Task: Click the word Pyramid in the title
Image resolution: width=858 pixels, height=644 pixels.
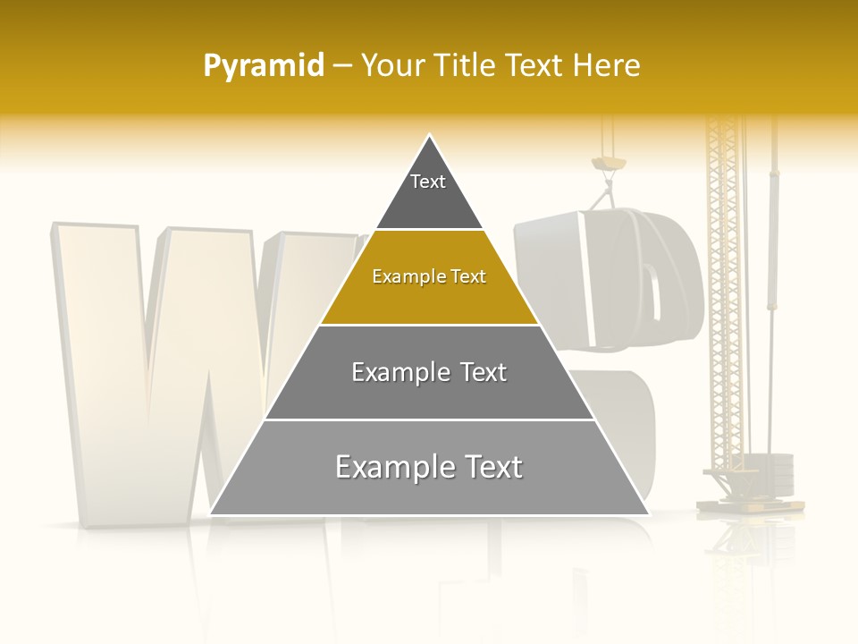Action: coord(263,66)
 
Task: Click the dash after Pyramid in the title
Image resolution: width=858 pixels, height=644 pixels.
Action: coord(341,66)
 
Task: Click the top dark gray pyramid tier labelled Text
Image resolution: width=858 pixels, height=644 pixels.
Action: coord(429,192)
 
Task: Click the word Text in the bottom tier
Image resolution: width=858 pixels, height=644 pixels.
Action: coord(489,467)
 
